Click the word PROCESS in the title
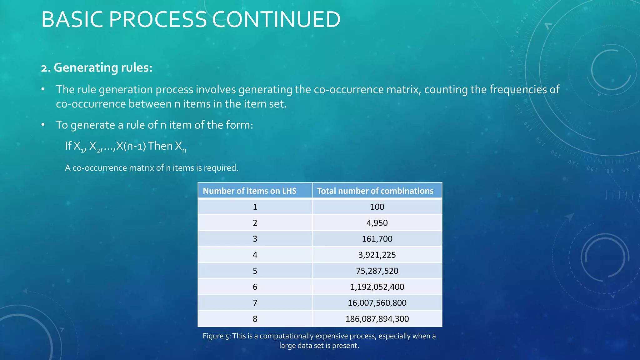coord(157,19)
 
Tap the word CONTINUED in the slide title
coord(276,19)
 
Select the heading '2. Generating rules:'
coord(97,67)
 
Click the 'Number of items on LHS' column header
coord(249,191)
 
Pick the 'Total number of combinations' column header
coord(375,191)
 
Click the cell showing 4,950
coord(377,223)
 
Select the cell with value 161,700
coord(377,239)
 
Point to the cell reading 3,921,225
coord(377,255)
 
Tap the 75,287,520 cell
coord(377,271)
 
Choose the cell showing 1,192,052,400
coord(377,287)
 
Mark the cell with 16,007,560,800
coord(377,303)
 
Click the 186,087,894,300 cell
coord(377,319)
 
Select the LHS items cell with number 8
coord(255,319)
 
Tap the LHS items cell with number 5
coord(255,271)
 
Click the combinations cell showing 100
coord(377,207)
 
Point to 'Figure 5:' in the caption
coord(217,336)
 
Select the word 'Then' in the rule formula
coord(160,146)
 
